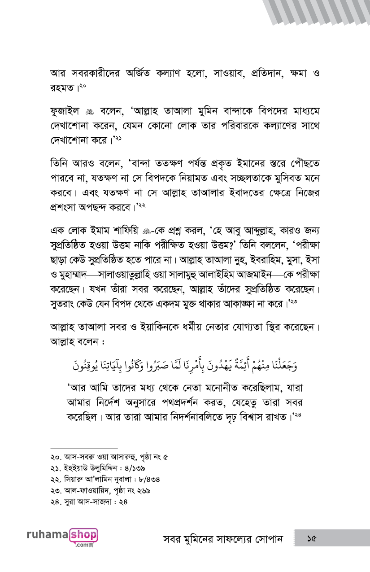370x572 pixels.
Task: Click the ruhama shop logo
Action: [62, 537]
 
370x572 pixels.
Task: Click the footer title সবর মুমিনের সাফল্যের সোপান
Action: [223, 538]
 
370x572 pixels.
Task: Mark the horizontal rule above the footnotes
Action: [84, 448]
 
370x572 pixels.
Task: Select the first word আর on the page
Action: [57, 73]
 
